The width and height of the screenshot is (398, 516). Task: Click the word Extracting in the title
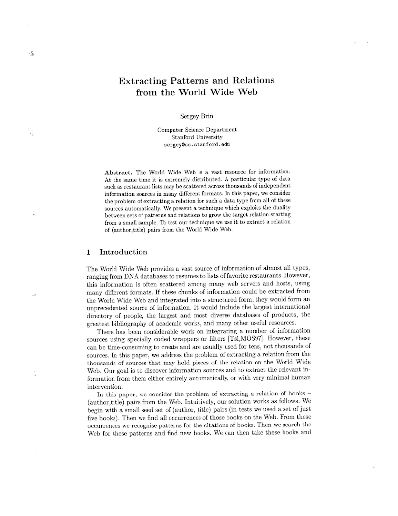142,80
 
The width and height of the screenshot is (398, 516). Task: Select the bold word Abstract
118,173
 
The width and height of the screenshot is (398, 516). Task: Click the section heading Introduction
123,252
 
